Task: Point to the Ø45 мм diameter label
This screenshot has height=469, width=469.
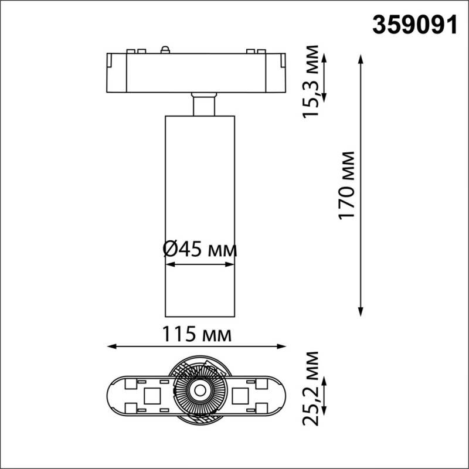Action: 199,250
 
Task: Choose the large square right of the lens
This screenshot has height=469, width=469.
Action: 240,396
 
